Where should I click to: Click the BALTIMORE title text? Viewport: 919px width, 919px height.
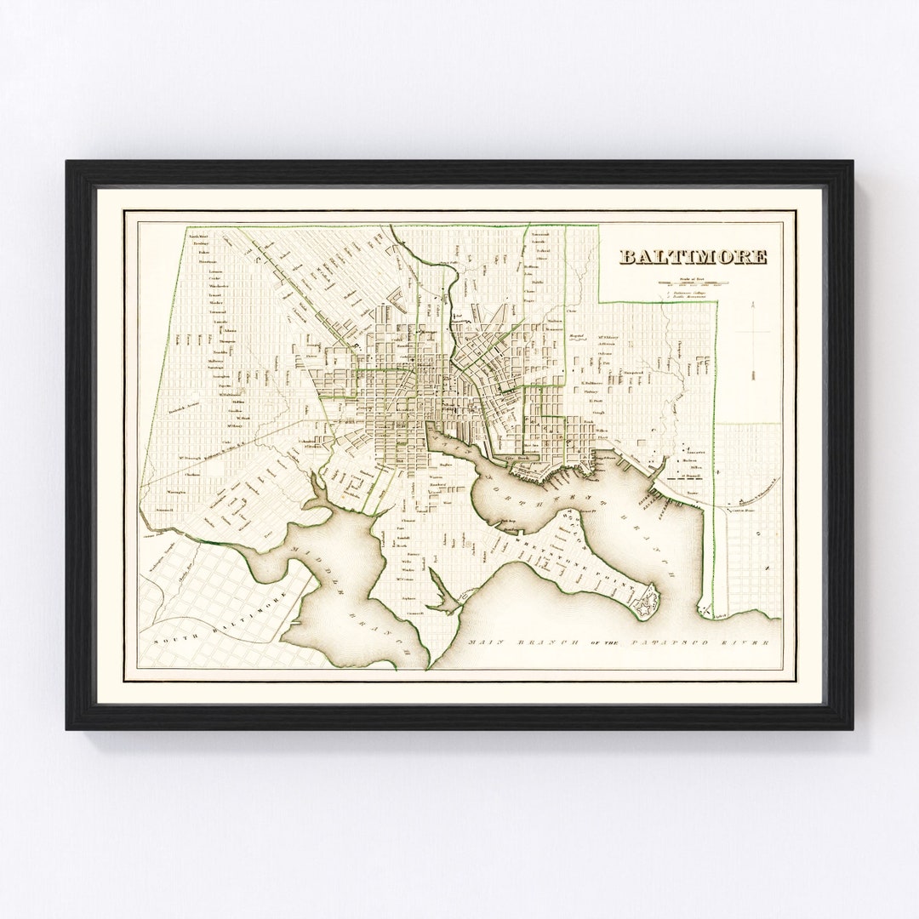click(x=693, y=257)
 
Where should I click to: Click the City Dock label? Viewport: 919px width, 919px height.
click(x=518, y=459)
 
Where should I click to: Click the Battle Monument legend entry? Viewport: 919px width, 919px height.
click(x=691, y=300)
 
